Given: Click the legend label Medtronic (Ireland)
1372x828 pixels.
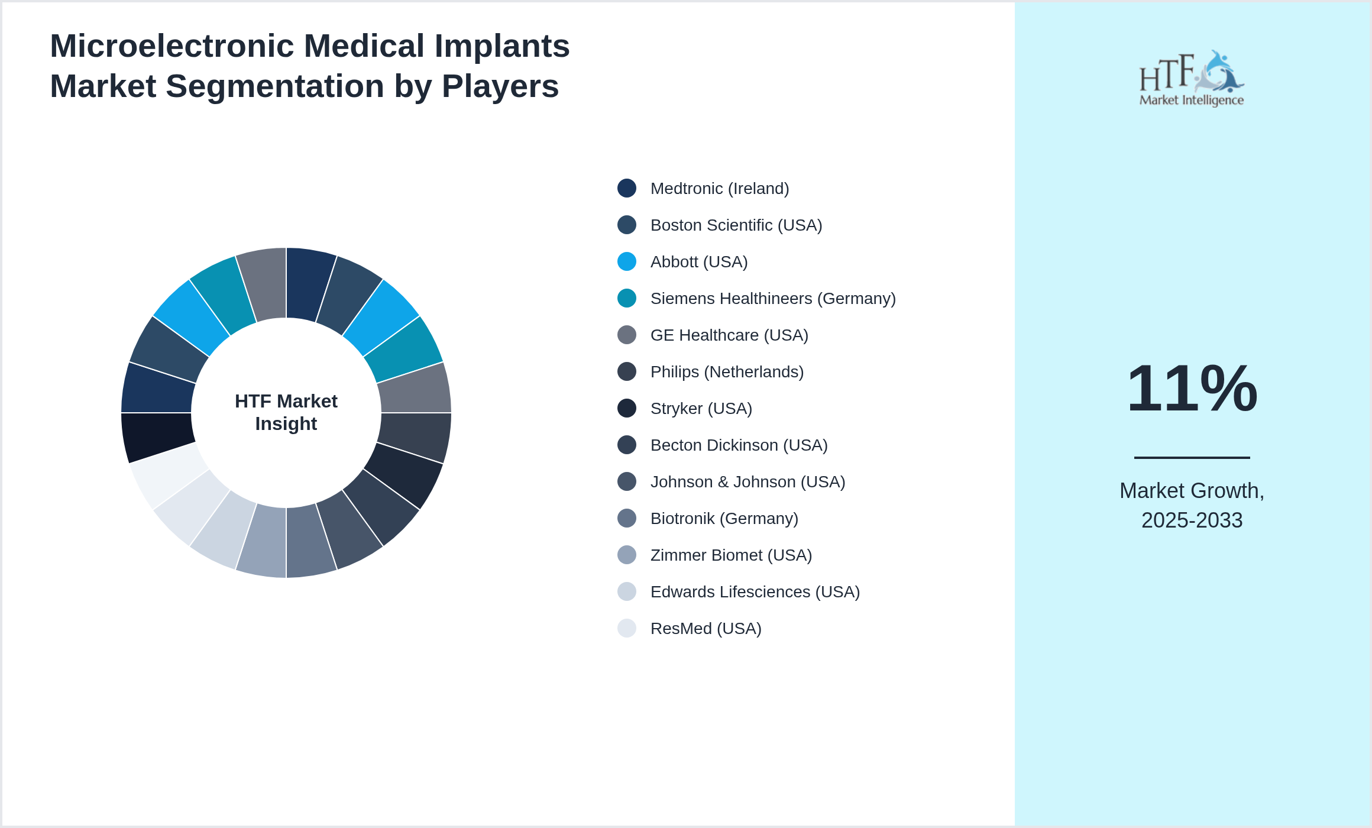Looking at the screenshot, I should point(719,189).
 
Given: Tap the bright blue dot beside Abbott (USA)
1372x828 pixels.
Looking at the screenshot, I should point(627,261).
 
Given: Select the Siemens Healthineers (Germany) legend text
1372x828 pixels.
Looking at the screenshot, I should point(772,299).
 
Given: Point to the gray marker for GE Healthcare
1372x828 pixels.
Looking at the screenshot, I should point(627,335).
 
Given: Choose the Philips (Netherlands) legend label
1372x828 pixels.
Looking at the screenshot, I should point(727,372).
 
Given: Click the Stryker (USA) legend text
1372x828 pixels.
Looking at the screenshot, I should point(701,409).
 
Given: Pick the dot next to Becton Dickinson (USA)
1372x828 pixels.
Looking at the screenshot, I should point(627,445).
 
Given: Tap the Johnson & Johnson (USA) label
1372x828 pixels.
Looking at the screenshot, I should point(748,482).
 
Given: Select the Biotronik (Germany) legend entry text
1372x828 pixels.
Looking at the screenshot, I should point(724,519).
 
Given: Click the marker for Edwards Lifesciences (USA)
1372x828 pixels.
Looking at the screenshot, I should point(627,591).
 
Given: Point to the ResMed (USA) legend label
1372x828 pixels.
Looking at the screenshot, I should point(706,629).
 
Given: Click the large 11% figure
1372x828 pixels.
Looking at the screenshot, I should point(1192,389).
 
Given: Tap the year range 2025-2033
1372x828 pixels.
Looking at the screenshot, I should point(1192,520).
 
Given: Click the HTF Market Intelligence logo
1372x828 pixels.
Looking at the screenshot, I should point(1192,79).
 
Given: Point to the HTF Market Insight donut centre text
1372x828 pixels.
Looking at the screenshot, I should point(286,412).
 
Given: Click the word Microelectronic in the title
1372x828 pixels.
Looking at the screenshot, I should point(172,46).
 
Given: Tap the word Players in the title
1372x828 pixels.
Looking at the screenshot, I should point(500,86).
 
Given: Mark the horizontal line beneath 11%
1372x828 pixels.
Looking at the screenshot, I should point(1192,457).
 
